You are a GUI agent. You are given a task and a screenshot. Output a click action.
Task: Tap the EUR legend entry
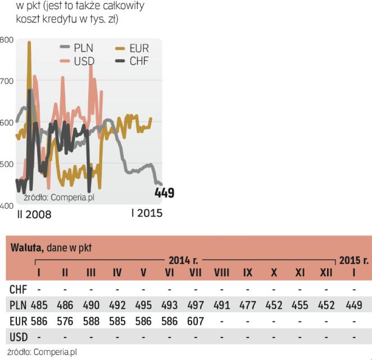(135, 49)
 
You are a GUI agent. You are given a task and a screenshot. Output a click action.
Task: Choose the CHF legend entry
(135, 61)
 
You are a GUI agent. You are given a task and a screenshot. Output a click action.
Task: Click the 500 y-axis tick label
(7, 164)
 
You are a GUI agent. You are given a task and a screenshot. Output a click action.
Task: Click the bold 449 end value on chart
(164, 193)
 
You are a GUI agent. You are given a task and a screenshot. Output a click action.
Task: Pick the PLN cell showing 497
(195, 305)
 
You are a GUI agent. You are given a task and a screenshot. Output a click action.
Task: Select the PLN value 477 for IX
(248, 305)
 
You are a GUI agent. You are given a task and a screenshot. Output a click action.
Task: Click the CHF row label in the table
(19, 289)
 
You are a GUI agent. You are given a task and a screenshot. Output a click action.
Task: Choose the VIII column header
(221, 273)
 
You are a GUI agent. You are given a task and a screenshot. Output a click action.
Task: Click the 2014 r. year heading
(183, 261)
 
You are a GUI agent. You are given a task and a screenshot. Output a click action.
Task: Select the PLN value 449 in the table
(354, 305)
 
